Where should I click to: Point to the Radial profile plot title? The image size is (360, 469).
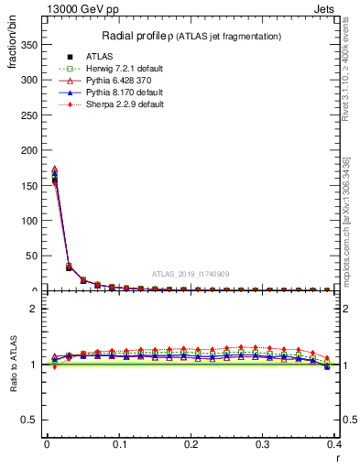pos(191,36)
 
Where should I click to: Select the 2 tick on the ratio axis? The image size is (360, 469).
pos(35,309)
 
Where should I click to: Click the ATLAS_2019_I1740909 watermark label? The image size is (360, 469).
pos(190,273)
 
